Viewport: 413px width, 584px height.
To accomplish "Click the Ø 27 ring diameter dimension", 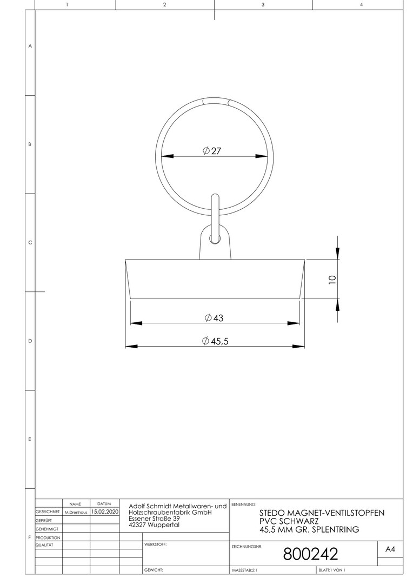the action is coord(212,151).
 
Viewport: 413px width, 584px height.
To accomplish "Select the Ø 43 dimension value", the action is coord(214,318).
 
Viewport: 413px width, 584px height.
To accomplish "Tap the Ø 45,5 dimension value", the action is coord(215,341).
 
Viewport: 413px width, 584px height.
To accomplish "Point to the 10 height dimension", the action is coord(332,280).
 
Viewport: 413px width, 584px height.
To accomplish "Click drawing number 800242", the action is coord(311,554).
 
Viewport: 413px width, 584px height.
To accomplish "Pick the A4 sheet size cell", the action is coord(390,549).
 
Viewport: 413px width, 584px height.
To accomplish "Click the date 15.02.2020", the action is coord(105,512).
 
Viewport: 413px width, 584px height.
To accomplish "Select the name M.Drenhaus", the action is coord(76,513).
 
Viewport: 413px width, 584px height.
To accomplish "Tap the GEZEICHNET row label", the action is coord(48,512).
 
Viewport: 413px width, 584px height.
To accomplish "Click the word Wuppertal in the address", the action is coord(163,525).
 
